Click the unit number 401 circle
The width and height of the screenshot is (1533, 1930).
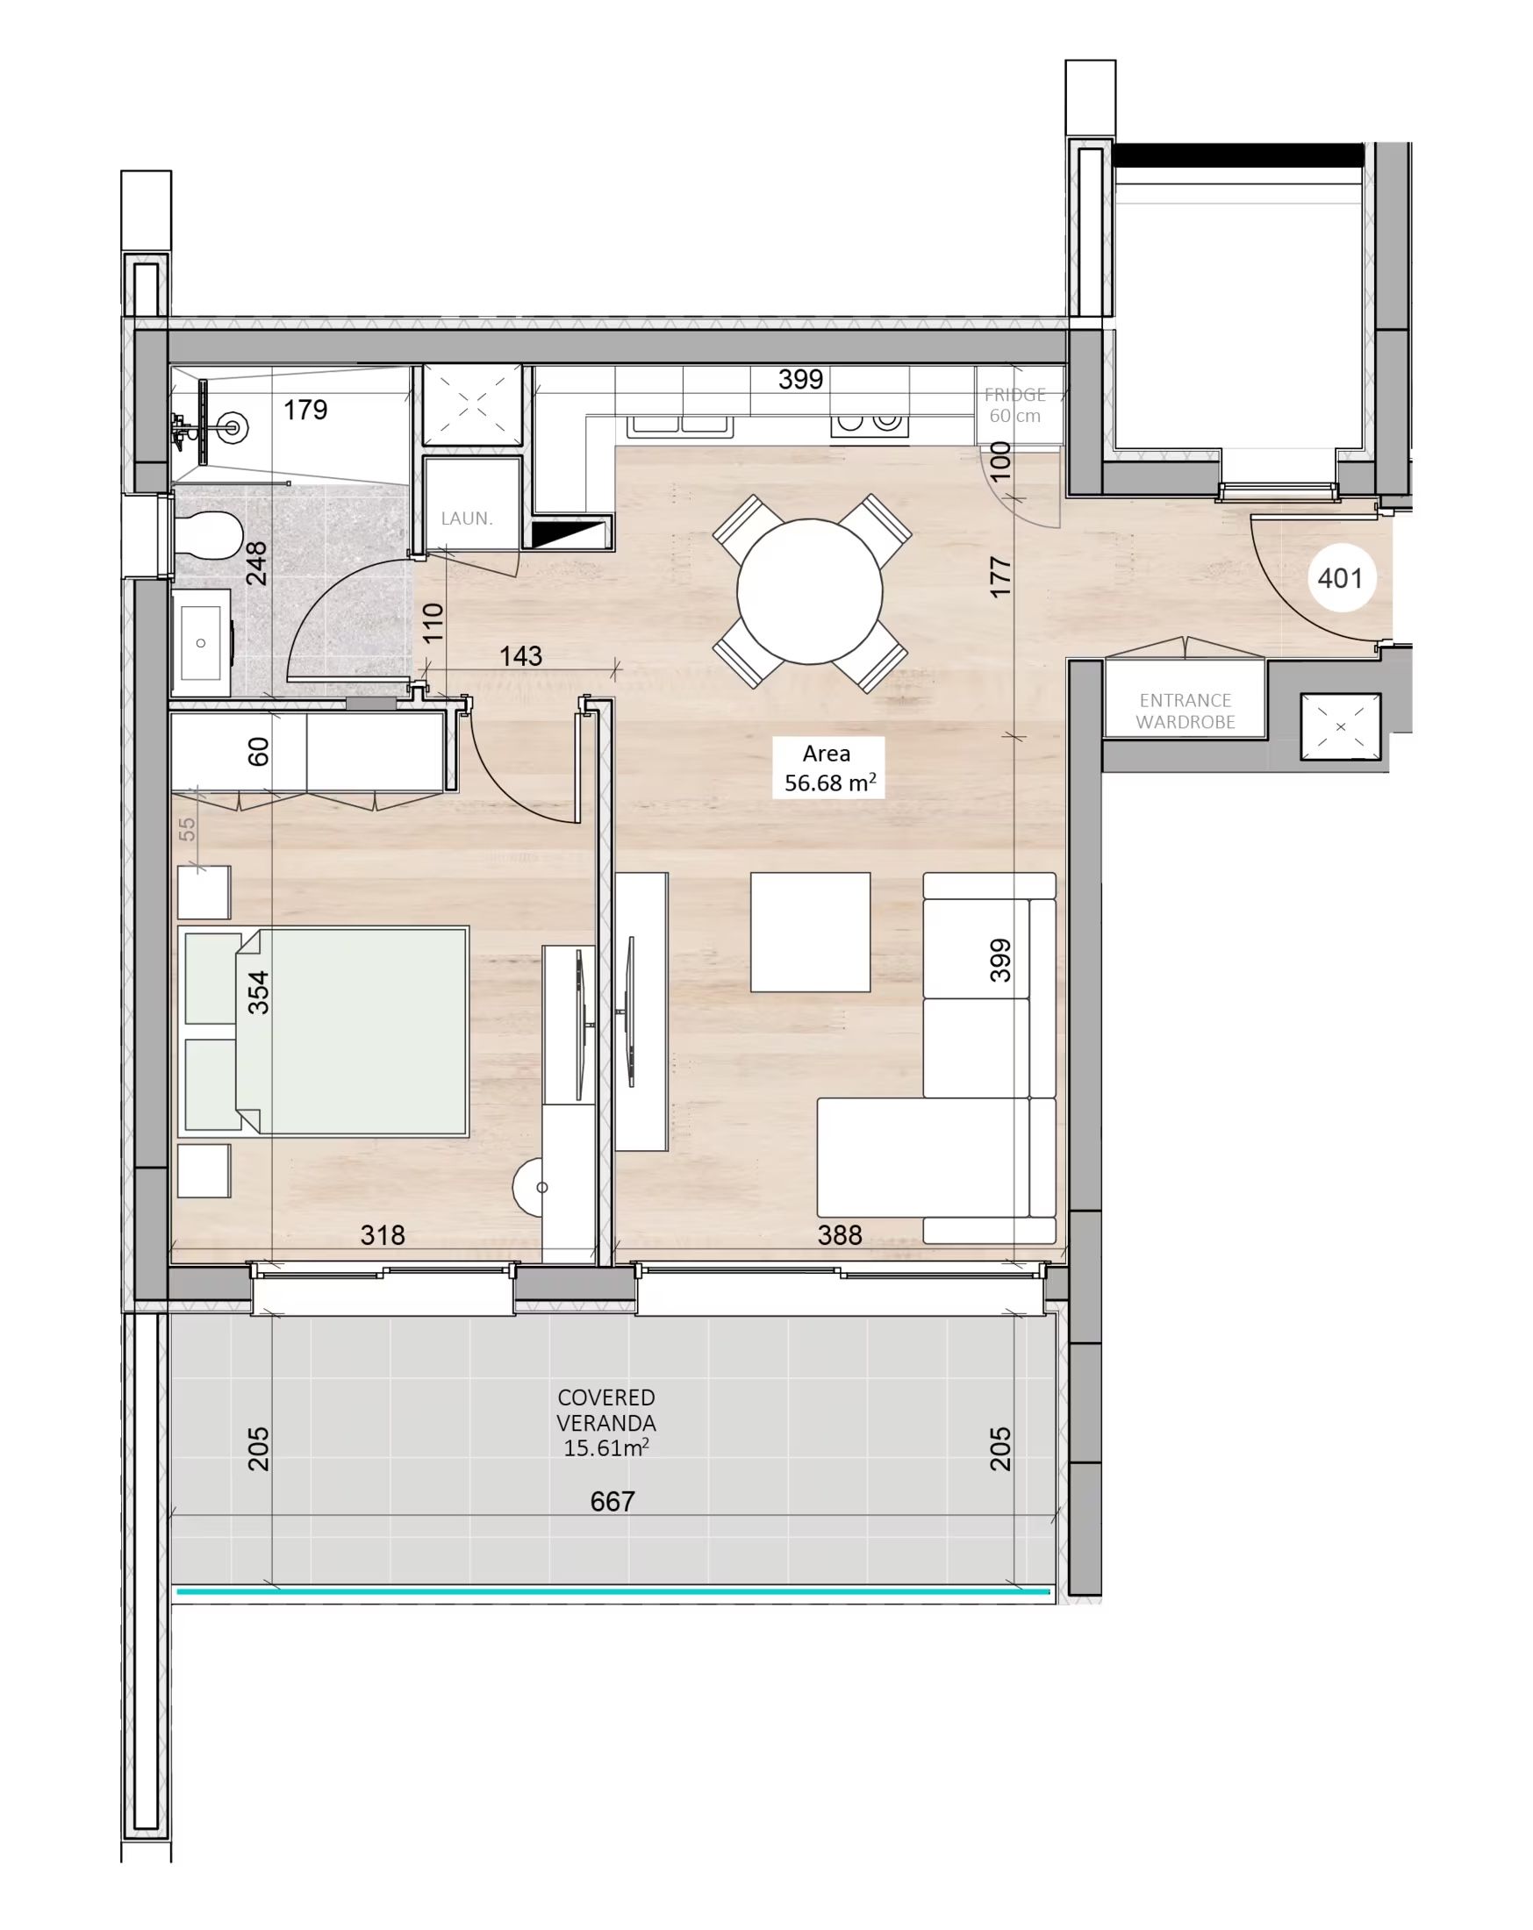tap(1340, 577)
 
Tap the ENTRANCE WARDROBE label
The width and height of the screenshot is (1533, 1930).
tap(1185, 711)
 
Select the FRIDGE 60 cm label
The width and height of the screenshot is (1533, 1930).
tap(1014, 404)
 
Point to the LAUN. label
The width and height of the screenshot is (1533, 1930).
tap(467, 518)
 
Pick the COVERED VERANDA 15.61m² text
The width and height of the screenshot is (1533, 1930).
tap(605, 1422)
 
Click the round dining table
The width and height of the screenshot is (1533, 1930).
tap(809, 590)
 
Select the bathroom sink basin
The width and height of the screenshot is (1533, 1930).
tap(202, 643)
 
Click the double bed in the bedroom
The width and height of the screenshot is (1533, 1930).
tap(324, 1032)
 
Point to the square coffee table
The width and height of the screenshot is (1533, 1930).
tap(809, 932)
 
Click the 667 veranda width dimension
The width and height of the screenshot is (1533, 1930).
tap(612, 1501)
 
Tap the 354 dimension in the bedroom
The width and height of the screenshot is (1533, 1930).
tap(258, 992)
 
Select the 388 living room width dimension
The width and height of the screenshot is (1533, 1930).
tap(839, 1235)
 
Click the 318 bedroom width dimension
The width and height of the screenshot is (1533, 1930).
tap(383, 1235)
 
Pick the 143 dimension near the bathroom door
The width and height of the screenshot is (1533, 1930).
tap(520, 656)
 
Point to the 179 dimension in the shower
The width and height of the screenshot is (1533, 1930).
tap(305, 410)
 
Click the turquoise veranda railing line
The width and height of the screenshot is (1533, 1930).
tap(613, 1590)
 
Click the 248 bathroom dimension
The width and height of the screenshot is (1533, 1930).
tap(256, 563)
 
